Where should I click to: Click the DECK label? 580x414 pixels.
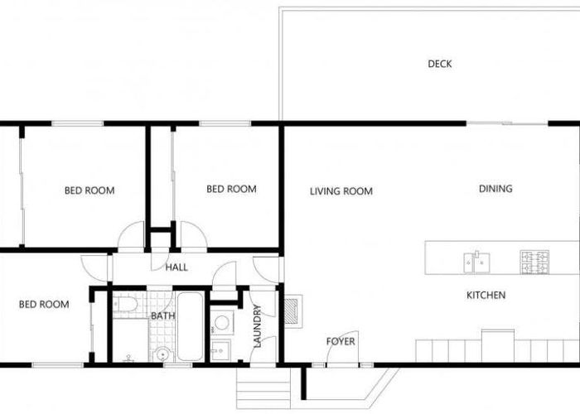point(440,64)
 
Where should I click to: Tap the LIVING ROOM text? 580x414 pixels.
point(341,191)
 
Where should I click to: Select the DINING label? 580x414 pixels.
point(495,189)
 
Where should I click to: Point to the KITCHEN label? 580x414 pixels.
point(486,296)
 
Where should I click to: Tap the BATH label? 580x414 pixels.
point(162,315)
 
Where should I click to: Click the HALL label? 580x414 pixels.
point(176,267)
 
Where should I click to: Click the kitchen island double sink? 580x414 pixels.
point(475,262)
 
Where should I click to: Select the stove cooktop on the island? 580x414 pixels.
point(534,262)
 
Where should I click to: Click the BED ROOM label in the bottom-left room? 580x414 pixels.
point(43,305)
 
